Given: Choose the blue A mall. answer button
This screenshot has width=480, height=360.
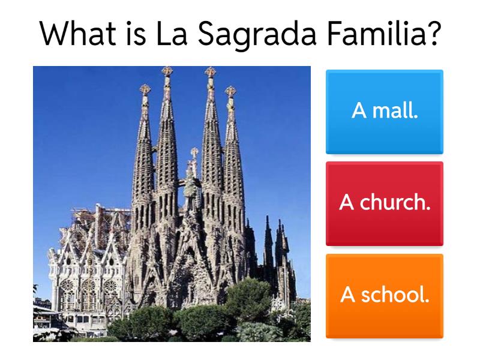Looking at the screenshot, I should point(385,112).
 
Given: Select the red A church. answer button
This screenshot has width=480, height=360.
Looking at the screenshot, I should point(385,203).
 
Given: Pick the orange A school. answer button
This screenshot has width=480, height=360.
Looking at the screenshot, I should point(385,295).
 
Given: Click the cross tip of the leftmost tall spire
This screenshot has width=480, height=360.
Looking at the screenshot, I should point(145,89).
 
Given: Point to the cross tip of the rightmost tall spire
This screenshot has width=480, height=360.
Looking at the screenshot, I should point(230,91).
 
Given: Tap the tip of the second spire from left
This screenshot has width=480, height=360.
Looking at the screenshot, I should point(167,71).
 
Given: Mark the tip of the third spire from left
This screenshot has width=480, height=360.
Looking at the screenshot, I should point(209,71).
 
